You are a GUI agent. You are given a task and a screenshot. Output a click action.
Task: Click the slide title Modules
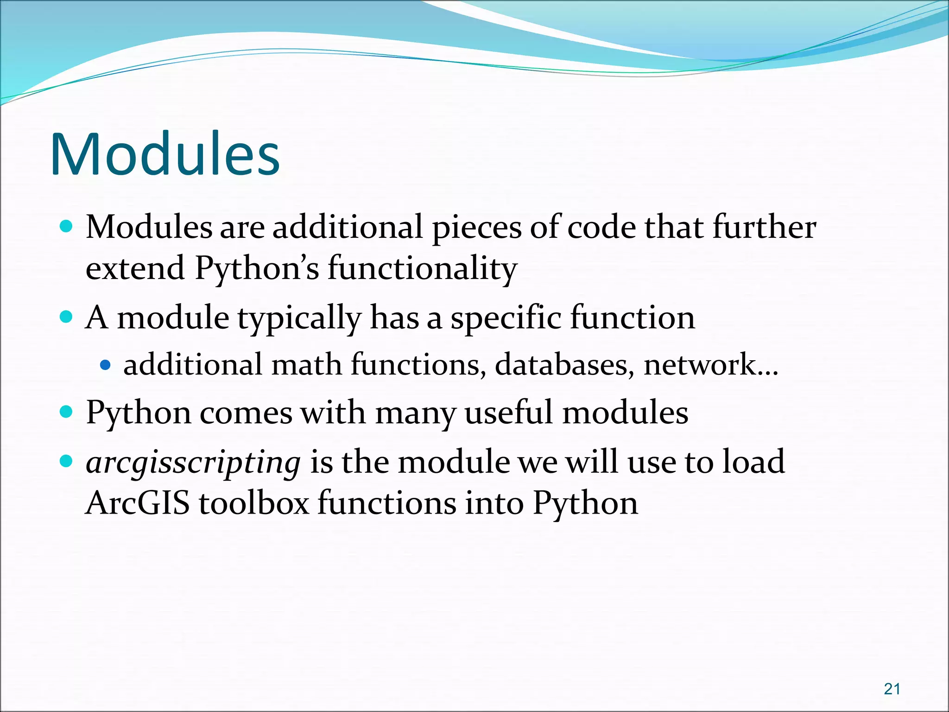[165, 154]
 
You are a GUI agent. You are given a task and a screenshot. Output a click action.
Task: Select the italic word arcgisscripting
[193, 463]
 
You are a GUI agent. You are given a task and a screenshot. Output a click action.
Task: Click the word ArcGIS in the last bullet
[138, 503]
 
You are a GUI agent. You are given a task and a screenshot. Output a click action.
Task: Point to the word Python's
[257, 269]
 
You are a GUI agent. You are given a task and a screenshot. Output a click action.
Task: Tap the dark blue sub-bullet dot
[106, 365]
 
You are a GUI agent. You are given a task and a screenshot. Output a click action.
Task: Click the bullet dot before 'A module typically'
[67, 317]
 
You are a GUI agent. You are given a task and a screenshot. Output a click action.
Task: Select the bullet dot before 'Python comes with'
[67, 412]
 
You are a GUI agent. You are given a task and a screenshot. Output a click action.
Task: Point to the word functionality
[422, 269]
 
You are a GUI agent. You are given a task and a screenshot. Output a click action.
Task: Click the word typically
[299, 319]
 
